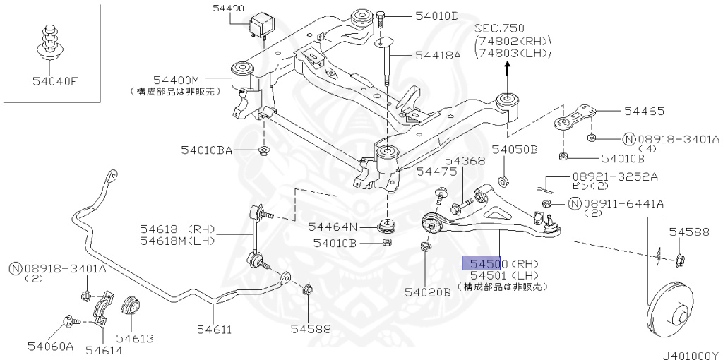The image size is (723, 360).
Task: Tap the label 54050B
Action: (x=515, y=150)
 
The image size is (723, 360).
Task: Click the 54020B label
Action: (x=427, y=292)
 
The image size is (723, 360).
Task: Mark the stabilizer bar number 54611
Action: (x=214, y=329)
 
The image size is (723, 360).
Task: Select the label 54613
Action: (x=135, y=339)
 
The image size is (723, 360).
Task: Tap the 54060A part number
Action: (x=51, y=346)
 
